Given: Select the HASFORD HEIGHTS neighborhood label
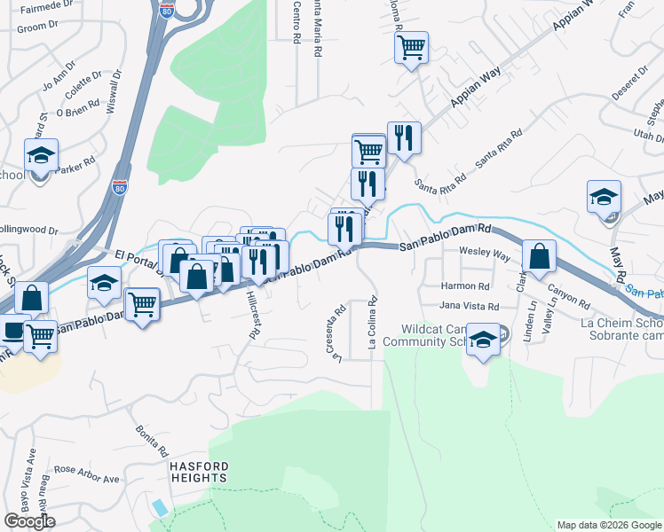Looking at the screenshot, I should tap(199, 472).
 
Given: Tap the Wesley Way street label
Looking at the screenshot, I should tap(484, 252).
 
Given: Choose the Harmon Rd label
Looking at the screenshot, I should tap(465, 286).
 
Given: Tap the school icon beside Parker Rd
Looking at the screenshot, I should tap(41, 156).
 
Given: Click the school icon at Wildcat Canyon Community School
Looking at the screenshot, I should tap(483, 340).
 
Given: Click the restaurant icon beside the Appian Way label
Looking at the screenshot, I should tap(404, 137).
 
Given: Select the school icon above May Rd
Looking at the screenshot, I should tap(604, 196).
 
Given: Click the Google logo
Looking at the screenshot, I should tap(29, 520).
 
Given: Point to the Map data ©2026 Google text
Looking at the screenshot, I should tap(608, 525).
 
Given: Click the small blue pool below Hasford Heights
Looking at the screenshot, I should tap(159, 508).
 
